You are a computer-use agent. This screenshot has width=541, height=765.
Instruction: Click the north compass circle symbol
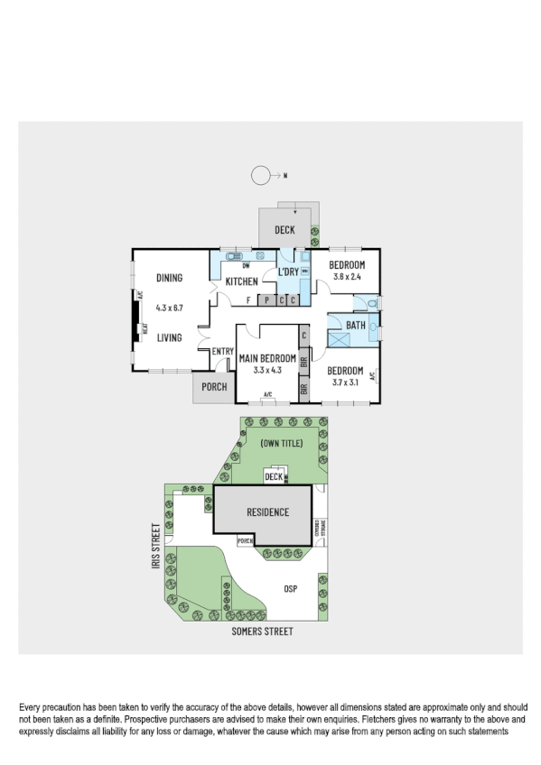pos(260,175)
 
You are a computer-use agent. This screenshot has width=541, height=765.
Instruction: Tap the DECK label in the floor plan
pos(285,231)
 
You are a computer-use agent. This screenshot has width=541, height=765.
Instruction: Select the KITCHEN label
pos(241,282)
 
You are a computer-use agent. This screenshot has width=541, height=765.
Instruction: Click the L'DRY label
pos(288,272)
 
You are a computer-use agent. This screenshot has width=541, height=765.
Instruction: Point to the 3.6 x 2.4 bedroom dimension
pos(347,277)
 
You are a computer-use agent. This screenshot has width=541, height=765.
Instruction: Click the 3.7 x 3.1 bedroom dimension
pos(345,382)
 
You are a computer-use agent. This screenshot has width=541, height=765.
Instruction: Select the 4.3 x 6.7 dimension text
pos(169,308)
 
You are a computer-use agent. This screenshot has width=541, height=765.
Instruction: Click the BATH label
pos(356,325)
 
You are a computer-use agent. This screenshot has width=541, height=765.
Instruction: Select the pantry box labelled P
pos(267,300)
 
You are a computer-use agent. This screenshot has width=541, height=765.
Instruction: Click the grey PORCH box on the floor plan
pos(214,388)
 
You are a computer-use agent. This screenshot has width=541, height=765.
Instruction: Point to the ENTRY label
pos(223,352)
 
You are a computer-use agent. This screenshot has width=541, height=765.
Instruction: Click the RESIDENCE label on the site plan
pos(267,512)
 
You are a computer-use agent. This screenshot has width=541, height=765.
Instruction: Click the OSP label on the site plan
pos(290,589)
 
